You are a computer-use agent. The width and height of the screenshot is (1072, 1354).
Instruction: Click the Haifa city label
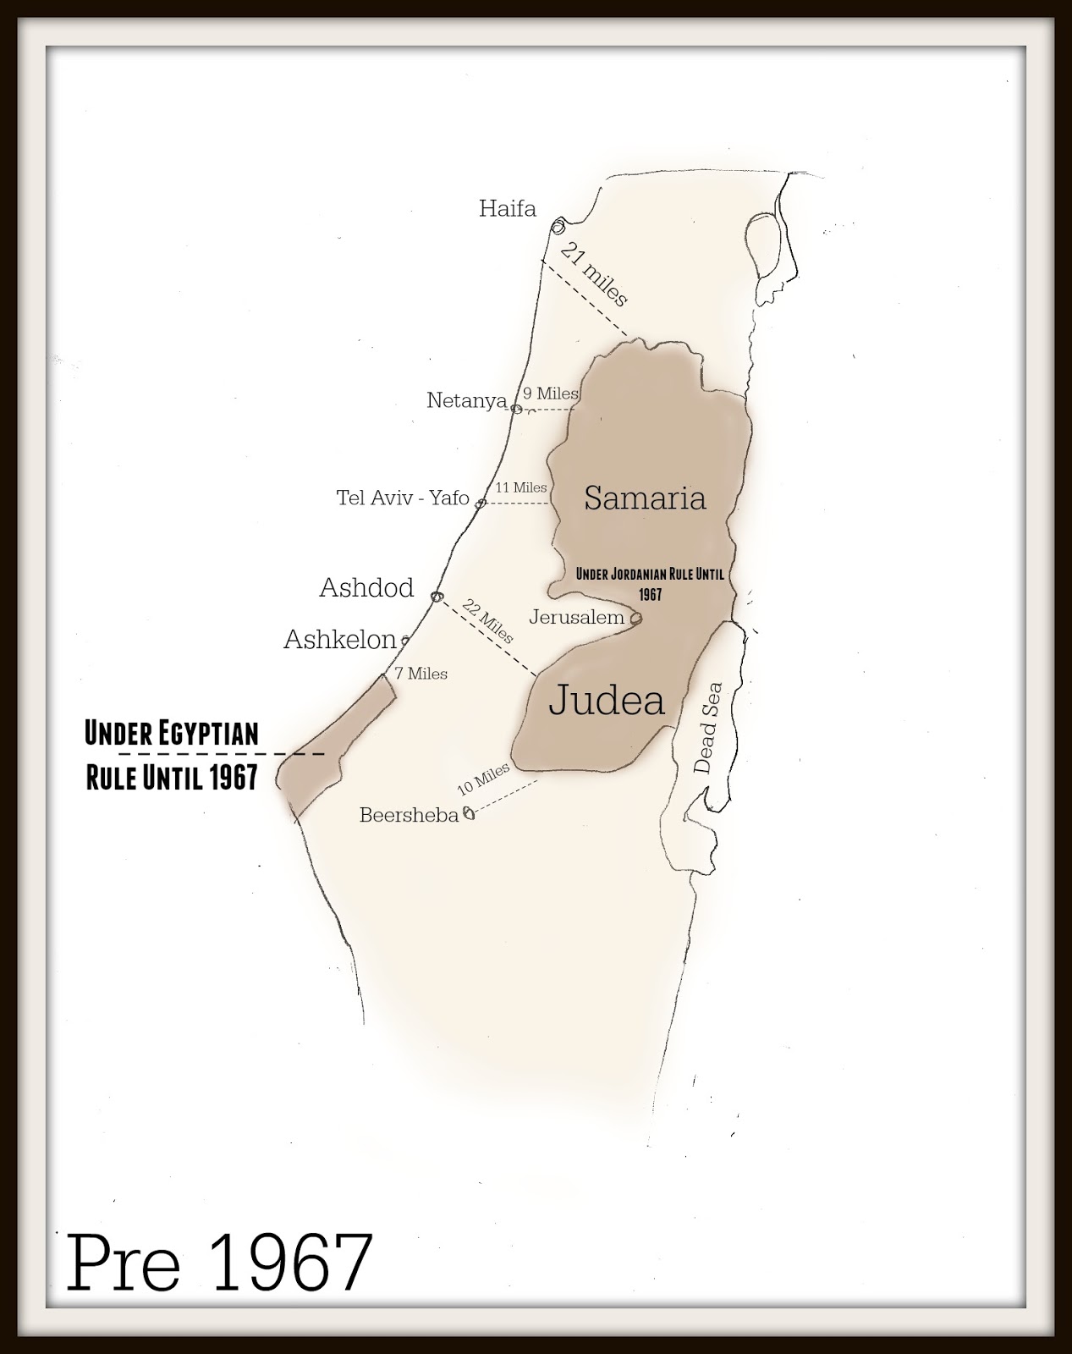(x=507, y=208)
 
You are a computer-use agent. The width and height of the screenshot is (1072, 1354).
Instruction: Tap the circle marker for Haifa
(x=558, y=227)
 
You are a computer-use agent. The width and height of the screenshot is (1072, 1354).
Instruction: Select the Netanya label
(x=466, y=399)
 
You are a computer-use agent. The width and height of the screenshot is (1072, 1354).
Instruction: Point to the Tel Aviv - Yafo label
(x=403, y=498)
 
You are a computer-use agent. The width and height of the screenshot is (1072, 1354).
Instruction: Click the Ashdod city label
(x=366, y=587)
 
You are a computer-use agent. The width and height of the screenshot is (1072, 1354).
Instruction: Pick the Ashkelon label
(x=340, y=639)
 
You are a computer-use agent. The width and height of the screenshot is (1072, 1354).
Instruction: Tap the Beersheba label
(x=409, y=815)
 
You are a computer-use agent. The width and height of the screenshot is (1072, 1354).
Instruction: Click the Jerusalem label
(x=576, y=617)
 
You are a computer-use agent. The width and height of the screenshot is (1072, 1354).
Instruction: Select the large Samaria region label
(x=645, y=498)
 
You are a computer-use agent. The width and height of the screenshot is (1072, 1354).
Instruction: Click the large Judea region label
(x=607, y=701)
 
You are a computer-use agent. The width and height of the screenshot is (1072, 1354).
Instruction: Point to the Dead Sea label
(x=708, y=728)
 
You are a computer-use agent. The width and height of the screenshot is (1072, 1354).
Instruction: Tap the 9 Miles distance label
(x=550, y=394)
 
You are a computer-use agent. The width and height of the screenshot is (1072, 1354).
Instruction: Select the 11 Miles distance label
(x=521, y=487)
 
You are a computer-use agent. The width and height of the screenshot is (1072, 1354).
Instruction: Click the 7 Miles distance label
(x=421, y=674)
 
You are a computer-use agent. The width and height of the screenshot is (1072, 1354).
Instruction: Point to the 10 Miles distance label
(x=483, y=779)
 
